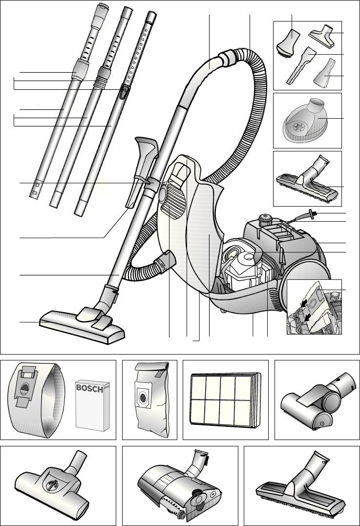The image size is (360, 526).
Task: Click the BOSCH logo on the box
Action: click(89, 388)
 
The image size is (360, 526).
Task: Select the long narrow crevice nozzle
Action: click(301, 65)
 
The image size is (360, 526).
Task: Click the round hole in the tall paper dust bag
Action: click(143, 398)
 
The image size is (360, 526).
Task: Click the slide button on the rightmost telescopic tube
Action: click(124, 92)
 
